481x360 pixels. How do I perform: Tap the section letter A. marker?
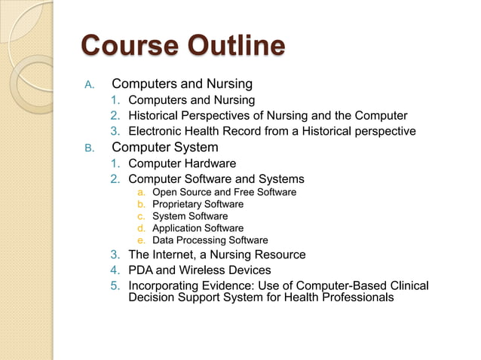tap(88, 84)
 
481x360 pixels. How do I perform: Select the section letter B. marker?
tap(88, 148)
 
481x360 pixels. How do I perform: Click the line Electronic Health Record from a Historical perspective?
tap(271, 131)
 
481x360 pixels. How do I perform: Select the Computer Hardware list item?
tap(182, 163)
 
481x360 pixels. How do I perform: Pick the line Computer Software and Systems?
tap(216, 179)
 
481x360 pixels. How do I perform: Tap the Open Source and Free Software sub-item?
tap(224, 192)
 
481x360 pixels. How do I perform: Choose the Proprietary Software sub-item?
tap(198, 204)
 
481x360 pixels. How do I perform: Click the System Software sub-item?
tap(189, 216)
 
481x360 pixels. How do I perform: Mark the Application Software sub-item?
tap(198, 228)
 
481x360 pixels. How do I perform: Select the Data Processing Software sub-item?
tap(210, 240)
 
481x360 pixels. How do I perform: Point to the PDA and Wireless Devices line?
tap(199, 270)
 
